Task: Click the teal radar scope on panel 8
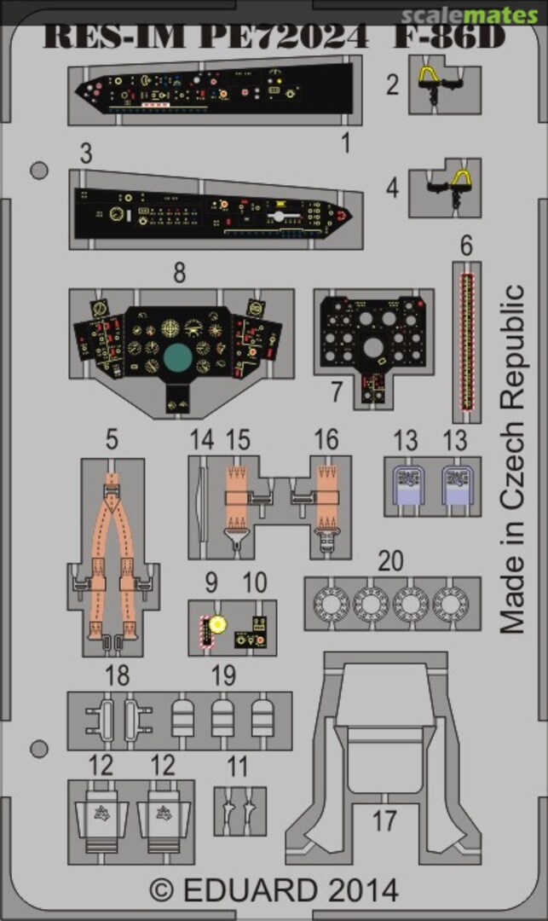pos(182,357)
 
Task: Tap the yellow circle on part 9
pos(217,624)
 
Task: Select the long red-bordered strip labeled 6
pos(466,341)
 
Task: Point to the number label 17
pos(384,821)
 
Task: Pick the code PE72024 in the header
pos(284,38)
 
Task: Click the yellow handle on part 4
pos(462,179)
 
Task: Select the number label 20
pos(391,561)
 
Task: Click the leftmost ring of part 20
pos(327,605)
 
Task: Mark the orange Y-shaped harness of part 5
pos(112,546)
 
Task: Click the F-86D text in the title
pos(449,38)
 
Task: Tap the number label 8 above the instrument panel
pos(179,274)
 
